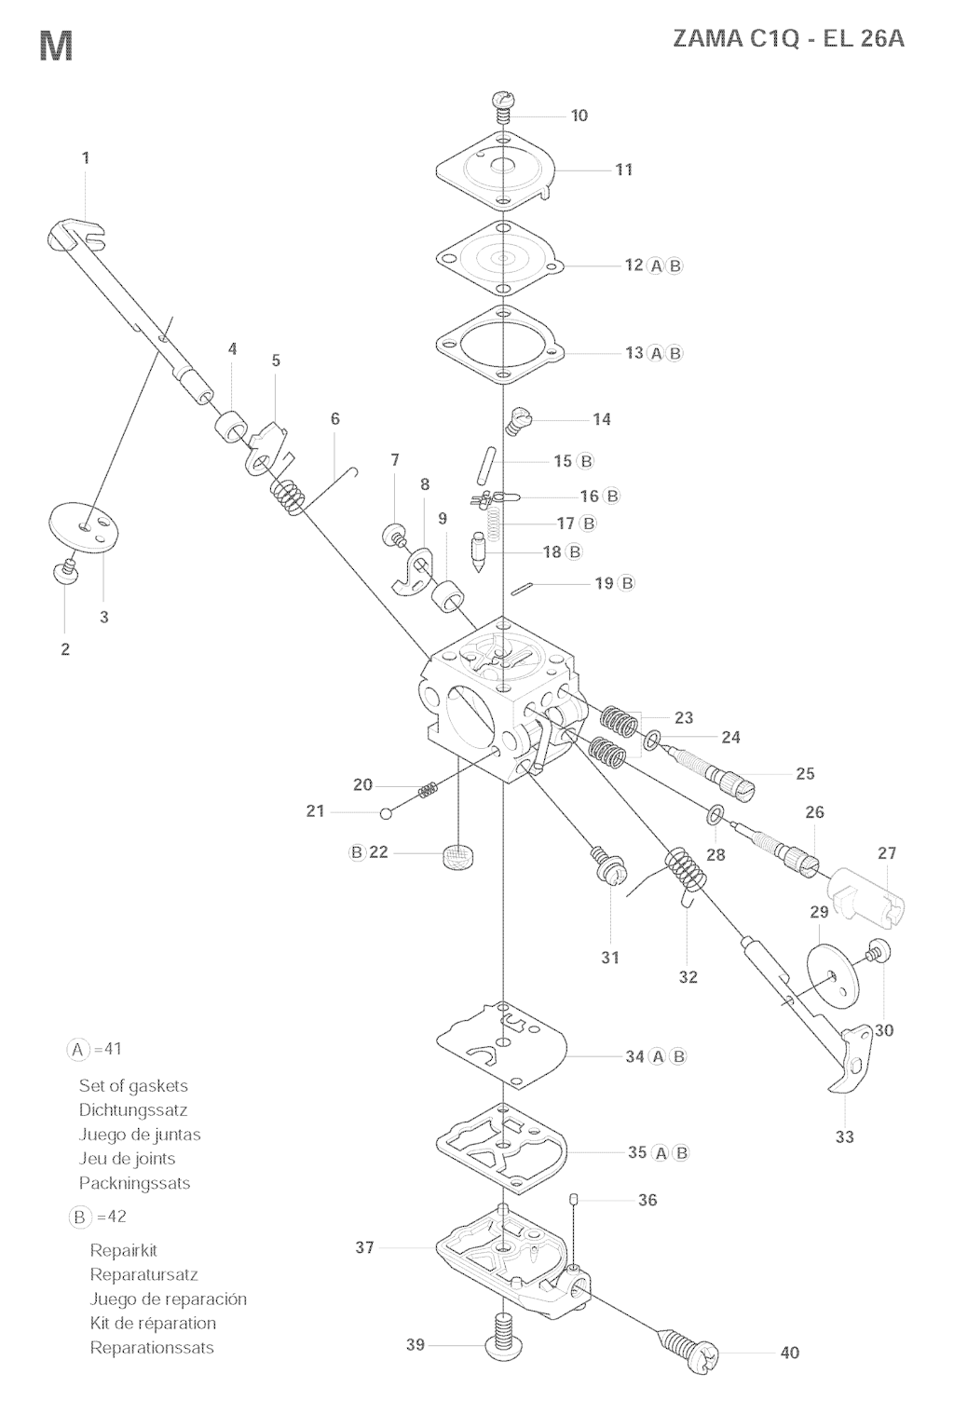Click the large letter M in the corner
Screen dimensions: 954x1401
pyautogui.click(x=56, y=46)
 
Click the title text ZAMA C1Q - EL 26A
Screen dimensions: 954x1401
pyautogui.click(x=788, y=39)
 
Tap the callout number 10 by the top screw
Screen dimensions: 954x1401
pyautogui.click(x=579, y=116)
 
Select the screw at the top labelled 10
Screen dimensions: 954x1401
pyautogui.click(x=502, y=107)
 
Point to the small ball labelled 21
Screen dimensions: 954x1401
pyautogui.click(x=386, y=813)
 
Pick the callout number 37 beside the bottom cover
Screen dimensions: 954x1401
pyautogui.click(x=364, y=1246)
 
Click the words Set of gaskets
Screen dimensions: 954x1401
pyautogui.click(x=133, y=1085)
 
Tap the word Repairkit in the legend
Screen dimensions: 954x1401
pyautogui.click(x=123, y=1250)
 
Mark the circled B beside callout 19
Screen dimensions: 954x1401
pyautogui.click(x=625, y=583)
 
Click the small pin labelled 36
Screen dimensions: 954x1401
pyautogui.click(x=573, y=1199)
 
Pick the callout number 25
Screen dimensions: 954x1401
pyautogui.click(x=805, y=774)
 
